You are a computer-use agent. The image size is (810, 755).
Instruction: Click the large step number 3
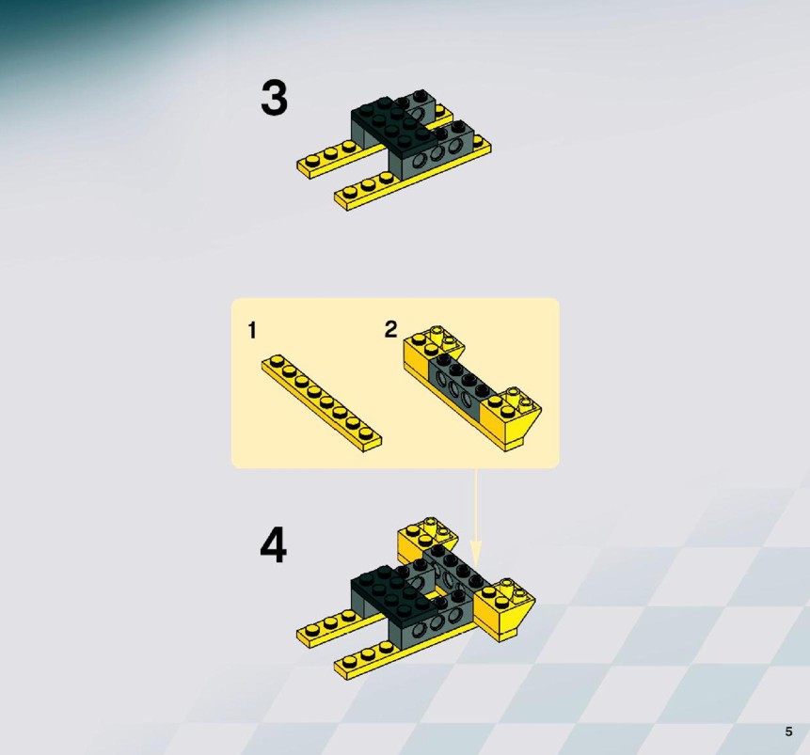(274, 98)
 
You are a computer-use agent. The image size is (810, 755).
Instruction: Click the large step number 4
(273, 545)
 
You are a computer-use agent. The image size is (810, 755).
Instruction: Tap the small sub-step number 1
(252, 331)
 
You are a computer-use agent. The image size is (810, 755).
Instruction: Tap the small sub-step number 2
(390, 329)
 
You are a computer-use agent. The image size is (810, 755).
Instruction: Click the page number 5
(788, 731)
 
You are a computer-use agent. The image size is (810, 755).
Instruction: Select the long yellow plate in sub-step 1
(322, 404)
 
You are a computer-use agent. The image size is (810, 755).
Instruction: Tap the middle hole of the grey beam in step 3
(437, 153)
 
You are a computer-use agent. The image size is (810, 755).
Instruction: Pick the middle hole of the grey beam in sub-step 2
(455, 388)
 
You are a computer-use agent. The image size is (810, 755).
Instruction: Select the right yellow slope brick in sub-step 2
(512, 418)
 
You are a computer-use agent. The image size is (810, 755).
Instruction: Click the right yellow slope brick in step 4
(504, 609)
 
